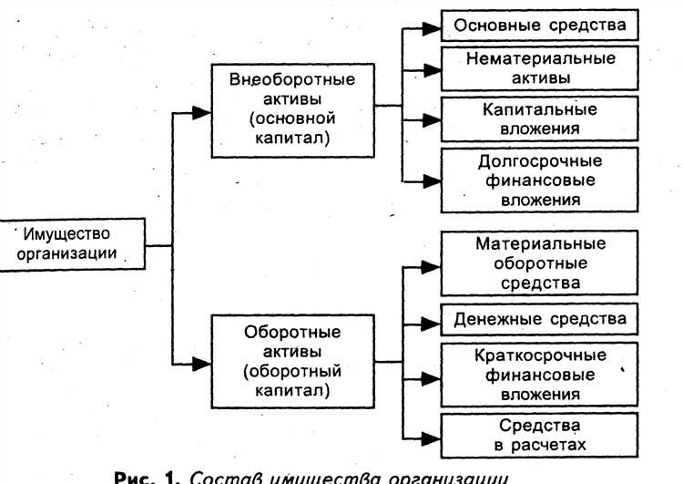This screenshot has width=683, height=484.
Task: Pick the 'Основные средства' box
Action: click(x=540, y=26)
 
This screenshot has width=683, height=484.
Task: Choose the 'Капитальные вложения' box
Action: click(x=540, y=118)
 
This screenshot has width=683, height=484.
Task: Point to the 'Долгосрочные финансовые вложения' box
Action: click(x=540, y=180)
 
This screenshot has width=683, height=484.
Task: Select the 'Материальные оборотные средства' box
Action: click(x=540, y=263)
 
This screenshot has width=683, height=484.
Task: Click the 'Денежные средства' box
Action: click(x=540, y=320)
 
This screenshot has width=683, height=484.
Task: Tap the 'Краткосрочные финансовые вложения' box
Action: click(x=540, y=374)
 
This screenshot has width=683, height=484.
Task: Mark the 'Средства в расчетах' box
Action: click(x=540, y=434)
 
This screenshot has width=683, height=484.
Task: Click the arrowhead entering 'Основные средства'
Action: click(x=431, y=27)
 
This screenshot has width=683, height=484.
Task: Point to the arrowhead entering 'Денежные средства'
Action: click(x=431, y=322)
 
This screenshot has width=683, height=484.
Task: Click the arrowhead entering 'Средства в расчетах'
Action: click(x=431, y=435)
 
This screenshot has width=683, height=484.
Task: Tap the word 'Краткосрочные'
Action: click(x=540, y=355)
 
